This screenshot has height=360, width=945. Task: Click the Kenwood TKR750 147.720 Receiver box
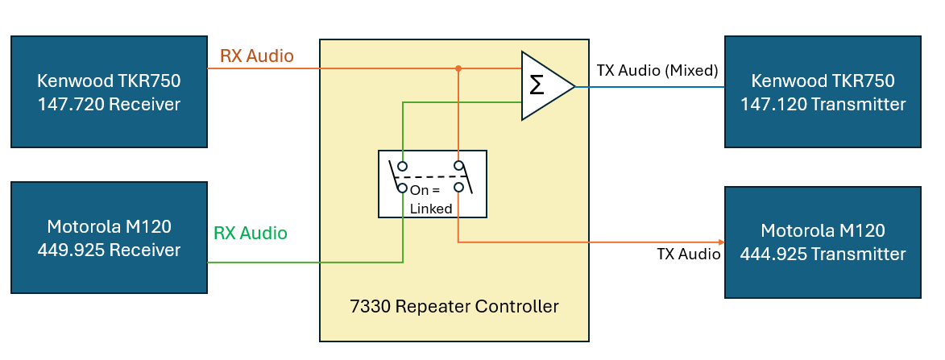click(x=109, y=92)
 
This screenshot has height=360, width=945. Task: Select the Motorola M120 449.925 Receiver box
click(x=109, y=239)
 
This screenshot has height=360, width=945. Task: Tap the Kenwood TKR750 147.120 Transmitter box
click(x=823, y=92)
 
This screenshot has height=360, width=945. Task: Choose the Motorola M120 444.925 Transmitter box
click(x=823, y=242)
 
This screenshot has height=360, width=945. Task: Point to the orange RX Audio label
click(x=256, y=56)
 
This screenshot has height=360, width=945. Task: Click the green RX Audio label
click(x=250, y=234)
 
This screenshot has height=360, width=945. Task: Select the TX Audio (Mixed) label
click(x=657, y=71)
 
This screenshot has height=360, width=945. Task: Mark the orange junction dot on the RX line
click(x=458, y=68)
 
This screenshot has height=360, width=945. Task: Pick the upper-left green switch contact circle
click(x=403, y=167)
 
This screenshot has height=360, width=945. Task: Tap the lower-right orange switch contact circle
click(x=458, y=188)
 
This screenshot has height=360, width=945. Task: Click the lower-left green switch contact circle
click(x=403, y=188)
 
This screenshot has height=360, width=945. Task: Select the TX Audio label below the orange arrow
click(x=688, y=254)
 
